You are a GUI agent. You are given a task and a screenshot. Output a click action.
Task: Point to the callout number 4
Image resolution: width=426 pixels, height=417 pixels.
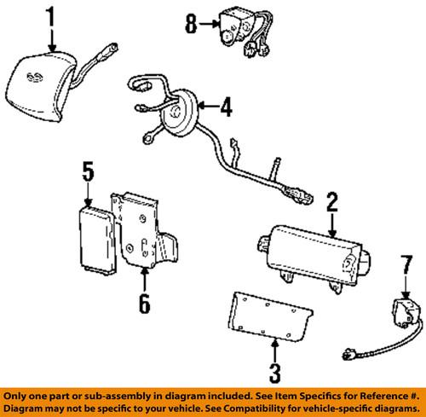[225, 108]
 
